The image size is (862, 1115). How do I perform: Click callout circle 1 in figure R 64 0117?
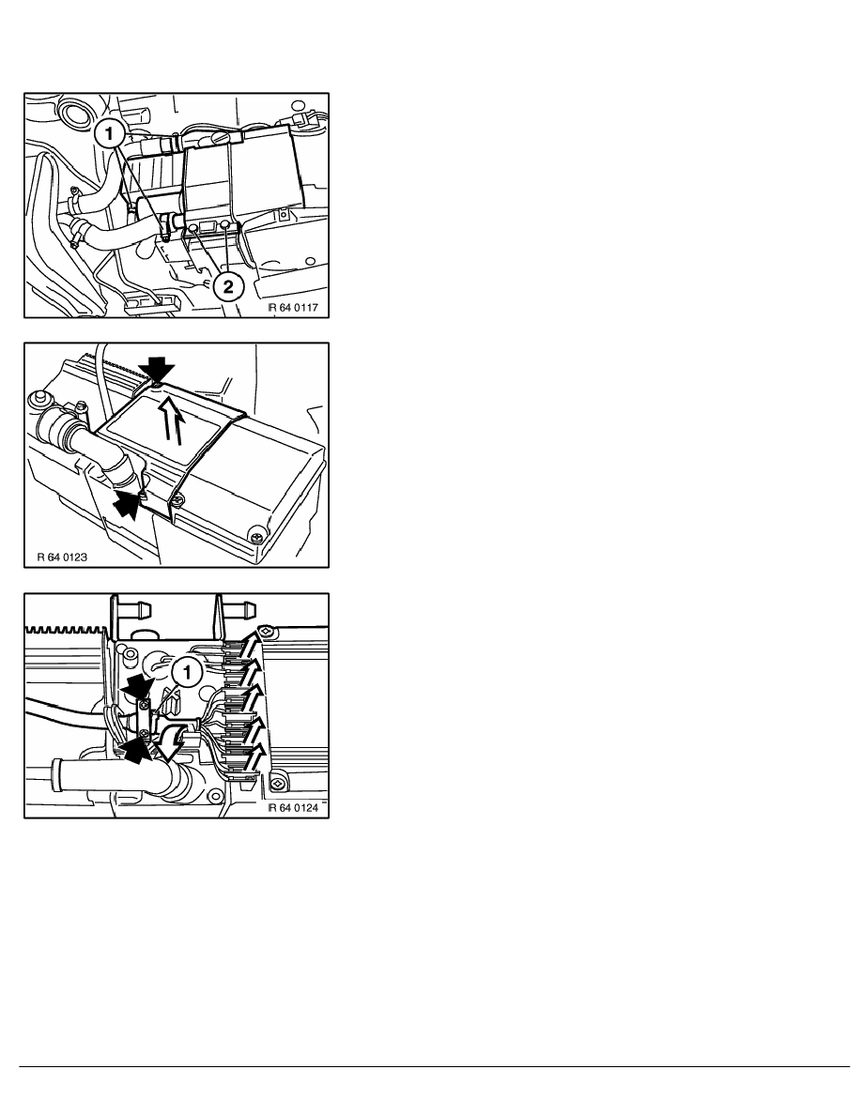pyautogui.click(x=110, y=133)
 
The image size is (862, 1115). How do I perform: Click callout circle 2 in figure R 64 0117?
pyautogui.click(x=227, y=286)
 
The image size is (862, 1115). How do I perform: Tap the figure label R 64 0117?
pyautogui.click(x=293, y=308)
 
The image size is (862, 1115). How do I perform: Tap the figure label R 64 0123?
pyautogui.click(x=62, y=557)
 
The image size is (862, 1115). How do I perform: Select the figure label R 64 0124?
pyautogui.click(x=293, y=808)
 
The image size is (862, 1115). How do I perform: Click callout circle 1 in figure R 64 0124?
pyautogui.click(x=186, y=671)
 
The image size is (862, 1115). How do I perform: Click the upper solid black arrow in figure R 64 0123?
pyautogui.click(x=157, y=369)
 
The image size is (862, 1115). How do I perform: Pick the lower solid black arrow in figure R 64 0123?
pyautogui.click(x=127, y=503)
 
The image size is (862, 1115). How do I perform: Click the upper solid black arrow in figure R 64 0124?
pyautogui.click(x=138, y=688)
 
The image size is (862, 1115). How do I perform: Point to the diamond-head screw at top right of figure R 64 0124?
pyautogui.click(x=265, y=630)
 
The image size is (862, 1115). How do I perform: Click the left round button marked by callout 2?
pyautogui.click(x=192, y=228)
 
